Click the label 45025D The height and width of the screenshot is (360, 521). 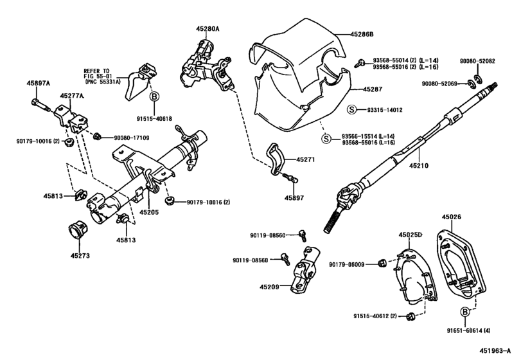point(411,235)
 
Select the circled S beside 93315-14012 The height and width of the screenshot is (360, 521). point(351,110)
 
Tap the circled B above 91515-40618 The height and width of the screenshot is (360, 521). point(154,97)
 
